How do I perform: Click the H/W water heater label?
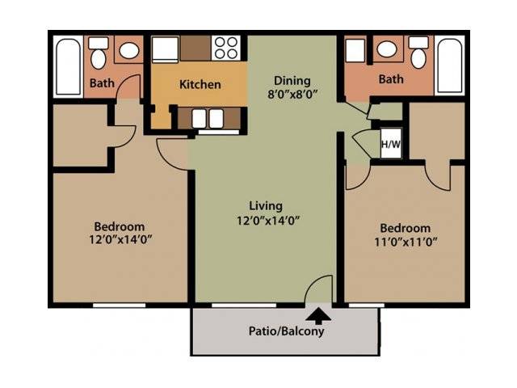tap(391, 144)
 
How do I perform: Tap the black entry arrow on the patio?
tap(318, 316)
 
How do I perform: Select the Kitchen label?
tap(200, 84)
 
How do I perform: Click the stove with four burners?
tap(226, 48)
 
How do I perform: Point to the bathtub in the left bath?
tap(69, 67)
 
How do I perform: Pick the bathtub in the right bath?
tap(449, 65)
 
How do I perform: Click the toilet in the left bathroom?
tap(99, 53)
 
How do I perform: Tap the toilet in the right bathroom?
tap(418, 53)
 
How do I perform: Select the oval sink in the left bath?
tap(128, 50)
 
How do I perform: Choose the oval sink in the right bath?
tap(387, 49)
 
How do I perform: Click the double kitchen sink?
tap(208, 119)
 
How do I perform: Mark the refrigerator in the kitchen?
tap(165, 49)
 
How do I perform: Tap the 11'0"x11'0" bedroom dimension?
tap(406, 242)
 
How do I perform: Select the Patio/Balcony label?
tap(286, 331)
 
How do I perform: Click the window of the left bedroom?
tap(119, 306)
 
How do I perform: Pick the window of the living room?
tap(244, 306)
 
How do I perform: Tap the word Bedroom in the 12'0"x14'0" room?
tap(120, 226)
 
